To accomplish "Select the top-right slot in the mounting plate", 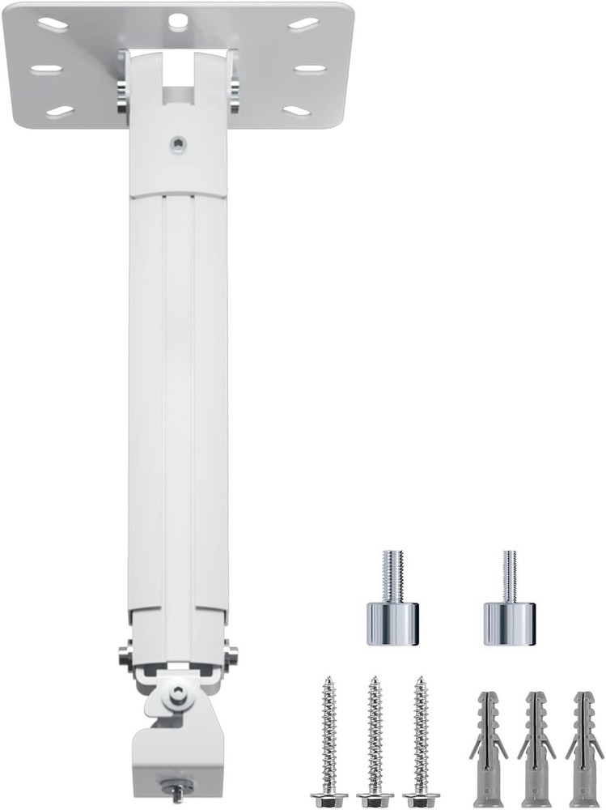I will click(x=303, y=24).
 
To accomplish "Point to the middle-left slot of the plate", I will click(x=47, y=69).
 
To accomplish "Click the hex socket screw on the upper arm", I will click(x=179, y=146).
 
